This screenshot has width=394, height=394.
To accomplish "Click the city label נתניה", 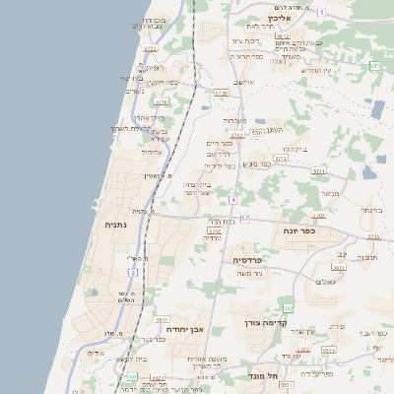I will click(122, 226).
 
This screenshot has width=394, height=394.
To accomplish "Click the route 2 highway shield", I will click(133, 272).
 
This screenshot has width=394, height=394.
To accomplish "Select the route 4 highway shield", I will click(233, 200).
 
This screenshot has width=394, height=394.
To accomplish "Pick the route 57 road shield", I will click(245, 218).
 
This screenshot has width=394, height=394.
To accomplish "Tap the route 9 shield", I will click(321, 12).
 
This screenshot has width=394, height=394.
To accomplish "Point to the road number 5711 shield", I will click(318, 170).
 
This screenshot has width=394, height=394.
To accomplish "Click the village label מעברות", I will click(233, 120).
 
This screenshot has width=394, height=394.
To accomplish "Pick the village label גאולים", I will click(327, 282).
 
